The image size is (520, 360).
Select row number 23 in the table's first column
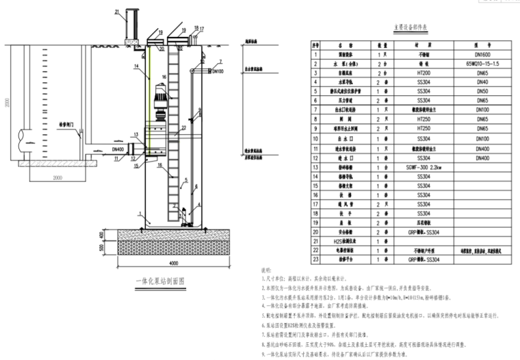tap(316, 260)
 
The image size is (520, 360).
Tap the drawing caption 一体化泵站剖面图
tap(160, 280)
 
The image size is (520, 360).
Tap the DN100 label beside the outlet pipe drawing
tap(218, 71)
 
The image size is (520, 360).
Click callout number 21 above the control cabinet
tap(117, 12)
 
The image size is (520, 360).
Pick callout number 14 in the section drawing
tap(137, 66)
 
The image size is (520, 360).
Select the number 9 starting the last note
tap(265, 355)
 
